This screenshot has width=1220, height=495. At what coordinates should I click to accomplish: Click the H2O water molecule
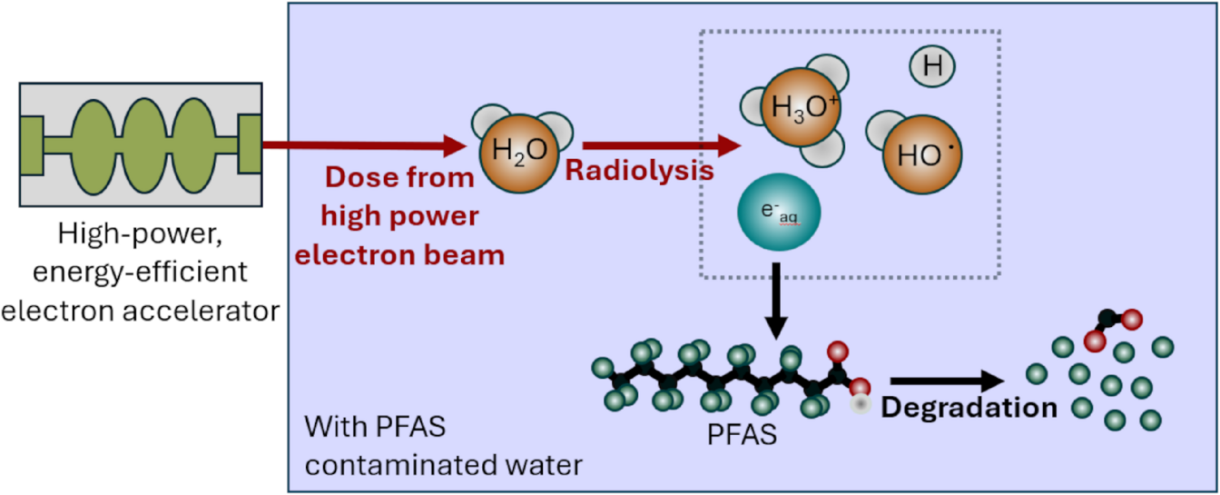click(x=514, y=149)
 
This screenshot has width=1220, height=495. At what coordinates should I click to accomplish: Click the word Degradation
click(x=969, y=407)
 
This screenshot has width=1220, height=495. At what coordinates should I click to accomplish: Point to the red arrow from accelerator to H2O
click(x=363, y=144)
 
